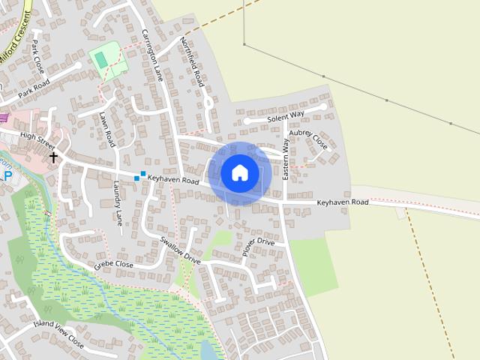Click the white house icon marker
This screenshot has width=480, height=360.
coord(240,172)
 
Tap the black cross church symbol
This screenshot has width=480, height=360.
coord(53,157)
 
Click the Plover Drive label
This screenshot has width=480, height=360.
coord(259,246)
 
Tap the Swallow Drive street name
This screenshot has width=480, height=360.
coord(180,250)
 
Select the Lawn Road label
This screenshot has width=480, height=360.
coord(106,128)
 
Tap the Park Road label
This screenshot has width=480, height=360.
coord(34,88)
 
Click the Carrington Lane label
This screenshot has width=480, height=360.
coord(152,55)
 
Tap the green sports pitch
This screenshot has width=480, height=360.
coord(104,58)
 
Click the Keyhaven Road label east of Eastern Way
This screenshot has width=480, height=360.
coord(343,202)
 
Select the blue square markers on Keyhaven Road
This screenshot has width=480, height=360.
coord(139,175)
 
